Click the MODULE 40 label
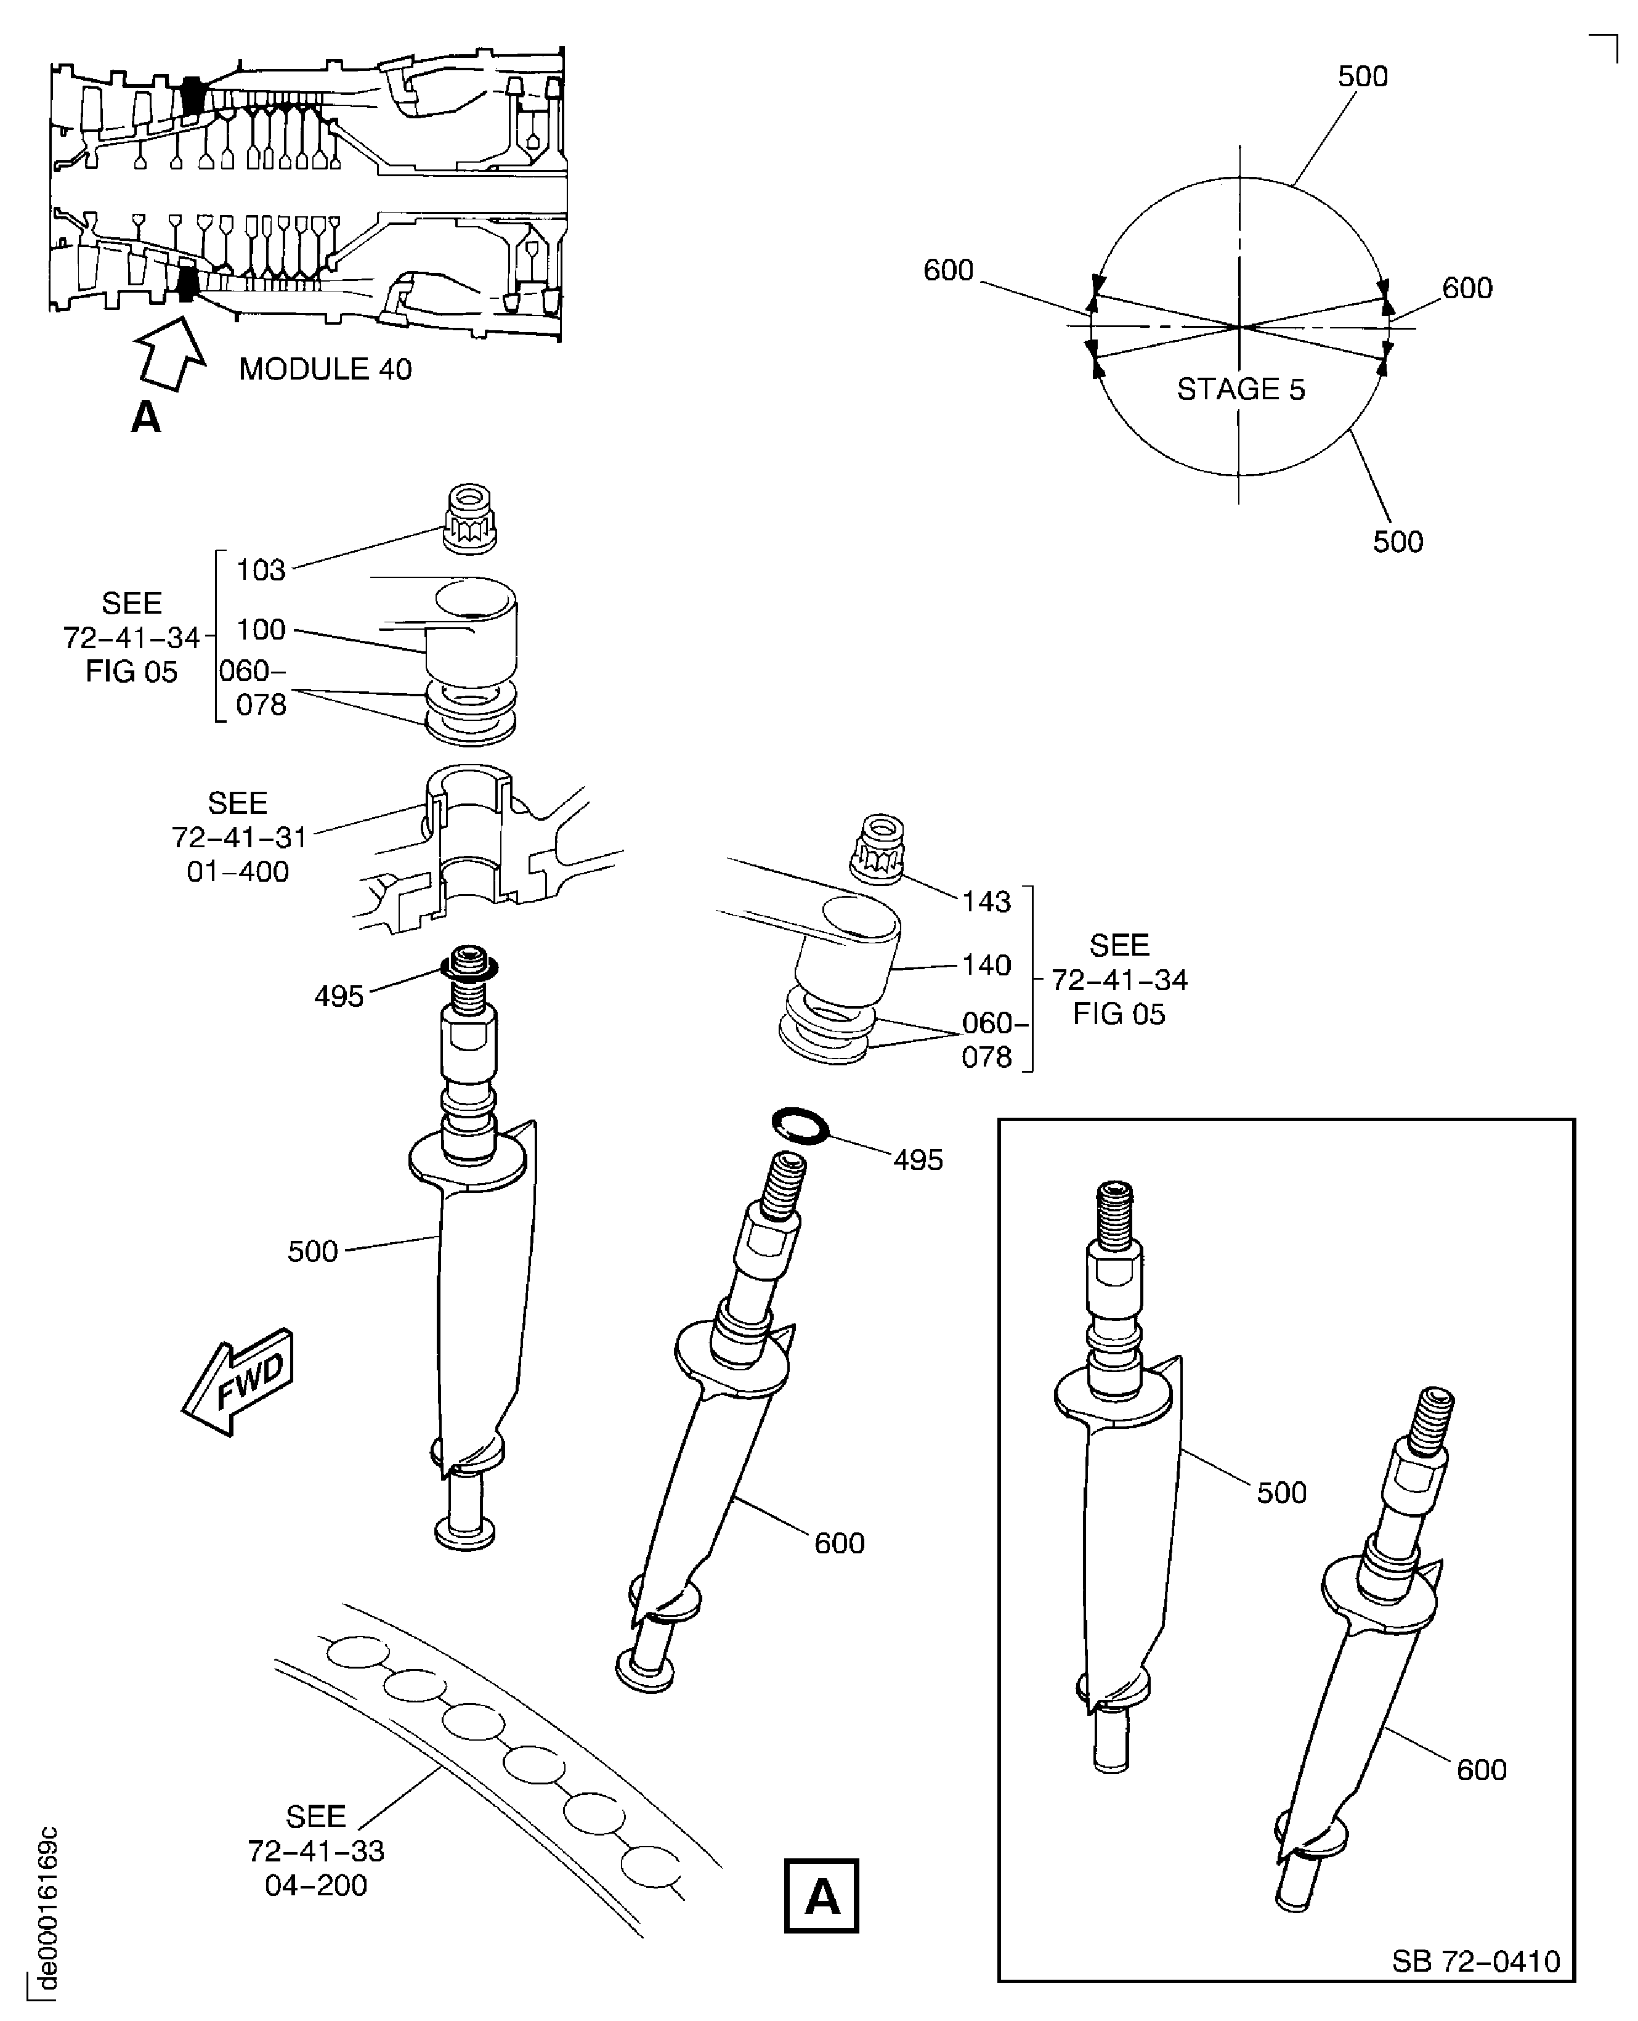(x=325, y=369)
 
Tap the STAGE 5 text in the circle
(x=1241, y=389)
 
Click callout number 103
(x=261, y=570)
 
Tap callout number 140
(x=986, y=964)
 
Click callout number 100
(x=261, y=629)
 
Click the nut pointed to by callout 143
(x=877, y=849)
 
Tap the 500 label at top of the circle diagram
(x=1363, y=76)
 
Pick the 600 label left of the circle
(x=948, y=270)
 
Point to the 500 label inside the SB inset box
(x=1281, y=1492)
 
